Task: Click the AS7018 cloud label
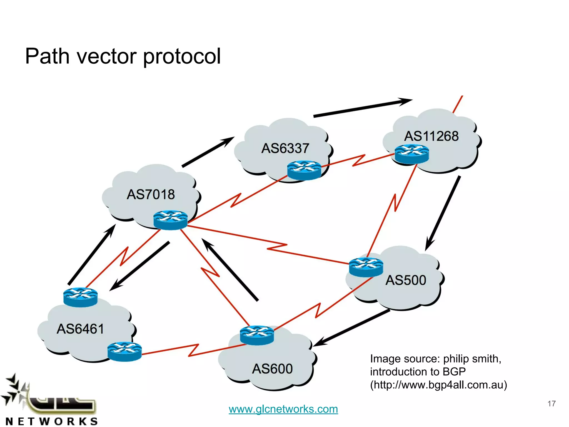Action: coord(151,194)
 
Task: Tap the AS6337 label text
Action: coord(285,148)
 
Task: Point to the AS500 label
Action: coord(406,280)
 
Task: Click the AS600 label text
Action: coord(272,369)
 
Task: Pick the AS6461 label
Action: coord(80,329)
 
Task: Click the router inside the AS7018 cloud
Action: coord(170,220)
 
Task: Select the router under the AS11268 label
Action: coord(412,154)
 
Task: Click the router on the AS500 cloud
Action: coord(366,267)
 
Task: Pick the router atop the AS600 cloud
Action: coord(257,335)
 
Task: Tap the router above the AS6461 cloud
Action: coord(80,297)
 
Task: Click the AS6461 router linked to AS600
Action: coord(124,351)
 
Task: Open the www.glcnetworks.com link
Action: coord(283,409)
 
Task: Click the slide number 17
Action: coord(551,403)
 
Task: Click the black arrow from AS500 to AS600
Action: coord(351,328)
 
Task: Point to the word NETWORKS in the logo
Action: coord(52,421)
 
